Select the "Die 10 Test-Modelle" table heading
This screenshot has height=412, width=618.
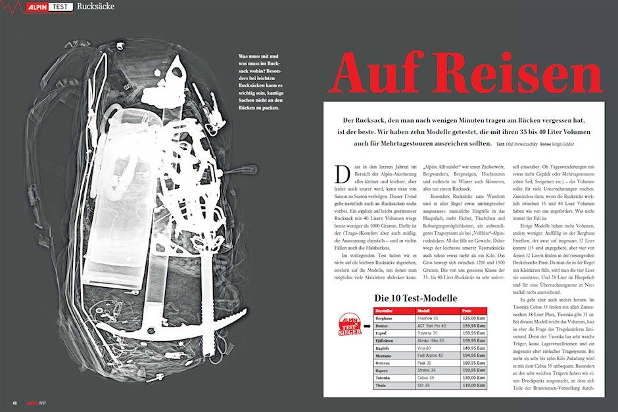[411, 298]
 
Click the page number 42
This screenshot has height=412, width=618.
[14, 401]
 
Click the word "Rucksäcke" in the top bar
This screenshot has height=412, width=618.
[96, 8]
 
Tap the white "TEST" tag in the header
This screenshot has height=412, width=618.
[61, 8]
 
